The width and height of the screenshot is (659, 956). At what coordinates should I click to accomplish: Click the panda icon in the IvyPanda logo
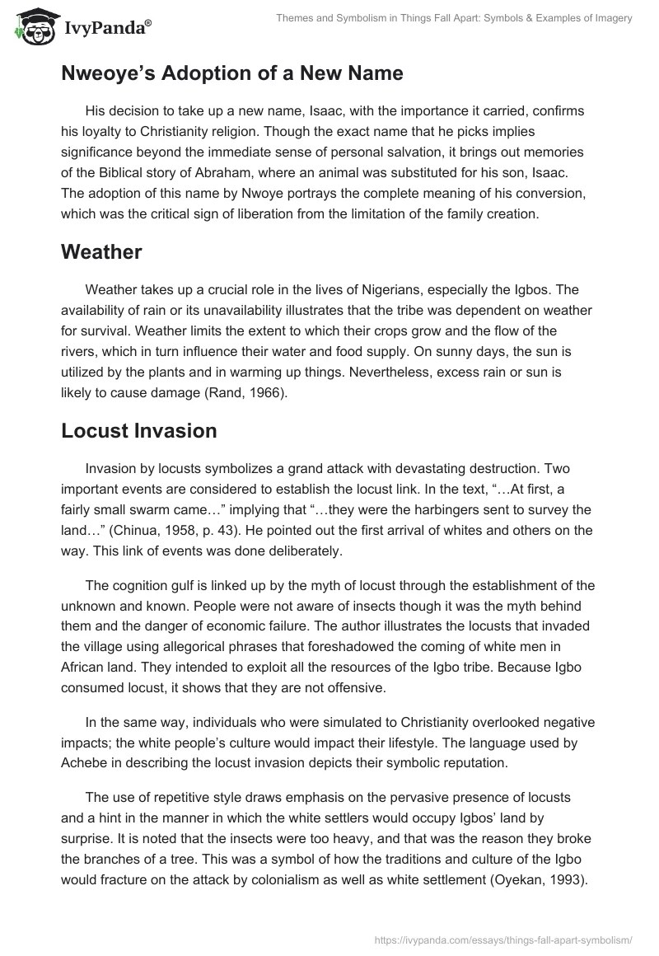tap(30, 28)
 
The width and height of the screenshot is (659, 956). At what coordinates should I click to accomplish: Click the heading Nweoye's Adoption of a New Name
tap(231, 73)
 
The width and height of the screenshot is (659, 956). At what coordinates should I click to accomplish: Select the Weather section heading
tap(101, 252)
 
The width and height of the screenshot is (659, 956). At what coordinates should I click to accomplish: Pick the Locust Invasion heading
tap(138, 430)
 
